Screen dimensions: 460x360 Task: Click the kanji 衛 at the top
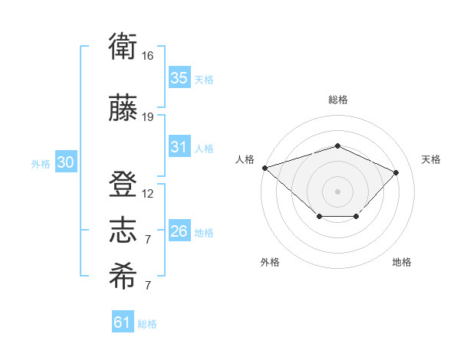tap(123, 46)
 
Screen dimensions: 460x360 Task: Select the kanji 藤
tap(123, 107)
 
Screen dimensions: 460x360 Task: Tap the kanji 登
tap(123, 184)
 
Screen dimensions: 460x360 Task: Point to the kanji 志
tap(123, 230)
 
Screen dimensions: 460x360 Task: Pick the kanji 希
tap(123, 276)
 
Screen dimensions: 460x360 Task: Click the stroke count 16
tap(147, 56)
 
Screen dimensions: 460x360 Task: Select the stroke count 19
tap(147, 117)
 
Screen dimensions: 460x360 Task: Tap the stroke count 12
tap(147, 194)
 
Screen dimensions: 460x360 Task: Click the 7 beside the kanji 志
tap(148, 240)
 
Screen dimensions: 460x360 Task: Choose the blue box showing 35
tap(179, 77)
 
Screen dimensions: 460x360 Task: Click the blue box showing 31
tap(179, 146)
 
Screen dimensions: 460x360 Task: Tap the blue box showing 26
tap(179, 230)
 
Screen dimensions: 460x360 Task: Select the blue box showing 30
tap(66, 162)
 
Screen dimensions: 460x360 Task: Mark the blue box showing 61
tap(123, 321)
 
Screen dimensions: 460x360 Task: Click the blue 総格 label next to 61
tap(147, 324)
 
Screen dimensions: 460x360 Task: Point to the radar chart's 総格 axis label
tap(337, 100)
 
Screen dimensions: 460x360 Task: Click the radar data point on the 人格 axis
tap(265, 168)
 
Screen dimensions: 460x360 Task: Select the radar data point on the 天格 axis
tap(396, 172)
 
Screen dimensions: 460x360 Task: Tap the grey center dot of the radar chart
tap(337, 191)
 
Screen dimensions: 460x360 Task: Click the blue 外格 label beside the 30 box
tap(41, 164)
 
